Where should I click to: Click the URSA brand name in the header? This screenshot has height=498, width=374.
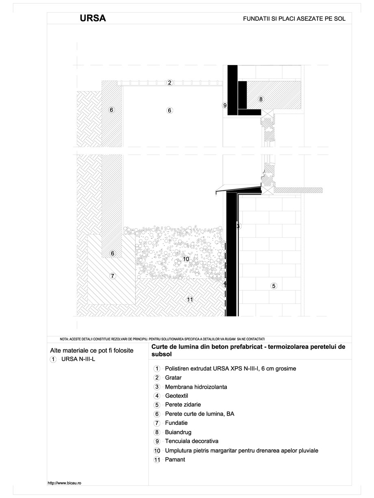click(93, 18)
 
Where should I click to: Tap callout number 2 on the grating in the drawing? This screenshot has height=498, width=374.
click(170, 83)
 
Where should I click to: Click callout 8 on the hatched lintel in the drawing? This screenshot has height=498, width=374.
click(261, 99)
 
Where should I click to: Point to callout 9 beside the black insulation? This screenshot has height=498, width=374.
click(225, 105)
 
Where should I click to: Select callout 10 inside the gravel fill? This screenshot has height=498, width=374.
click(186, 259)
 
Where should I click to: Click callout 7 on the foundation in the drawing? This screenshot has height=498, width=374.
click(113, 276)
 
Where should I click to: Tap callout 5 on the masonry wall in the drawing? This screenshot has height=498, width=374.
click(274, 286)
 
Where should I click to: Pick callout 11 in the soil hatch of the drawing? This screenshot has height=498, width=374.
click(189, 300)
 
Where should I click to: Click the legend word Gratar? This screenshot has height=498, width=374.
click(173, 378)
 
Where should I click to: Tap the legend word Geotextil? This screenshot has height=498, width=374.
click(176, 396)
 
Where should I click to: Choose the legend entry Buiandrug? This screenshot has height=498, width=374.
click(178, 432)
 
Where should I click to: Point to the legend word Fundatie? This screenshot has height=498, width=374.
click(176, 423)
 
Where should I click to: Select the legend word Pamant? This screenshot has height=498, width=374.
click(175, 460)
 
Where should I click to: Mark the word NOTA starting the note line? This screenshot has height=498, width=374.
click(64, 338)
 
